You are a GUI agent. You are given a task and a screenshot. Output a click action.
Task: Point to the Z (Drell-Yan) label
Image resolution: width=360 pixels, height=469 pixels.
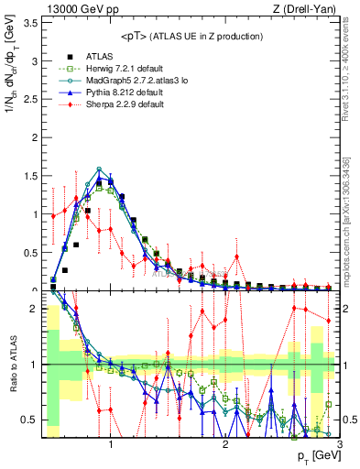tap(307, 8)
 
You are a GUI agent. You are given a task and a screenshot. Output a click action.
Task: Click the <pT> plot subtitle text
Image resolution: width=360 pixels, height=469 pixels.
tap(191, 37)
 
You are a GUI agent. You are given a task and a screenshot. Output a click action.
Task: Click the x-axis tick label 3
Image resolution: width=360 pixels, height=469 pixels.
tap(338, 443)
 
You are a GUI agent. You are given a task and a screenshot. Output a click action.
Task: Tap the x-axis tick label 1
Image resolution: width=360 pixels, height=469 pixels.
tap(111, 443)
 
